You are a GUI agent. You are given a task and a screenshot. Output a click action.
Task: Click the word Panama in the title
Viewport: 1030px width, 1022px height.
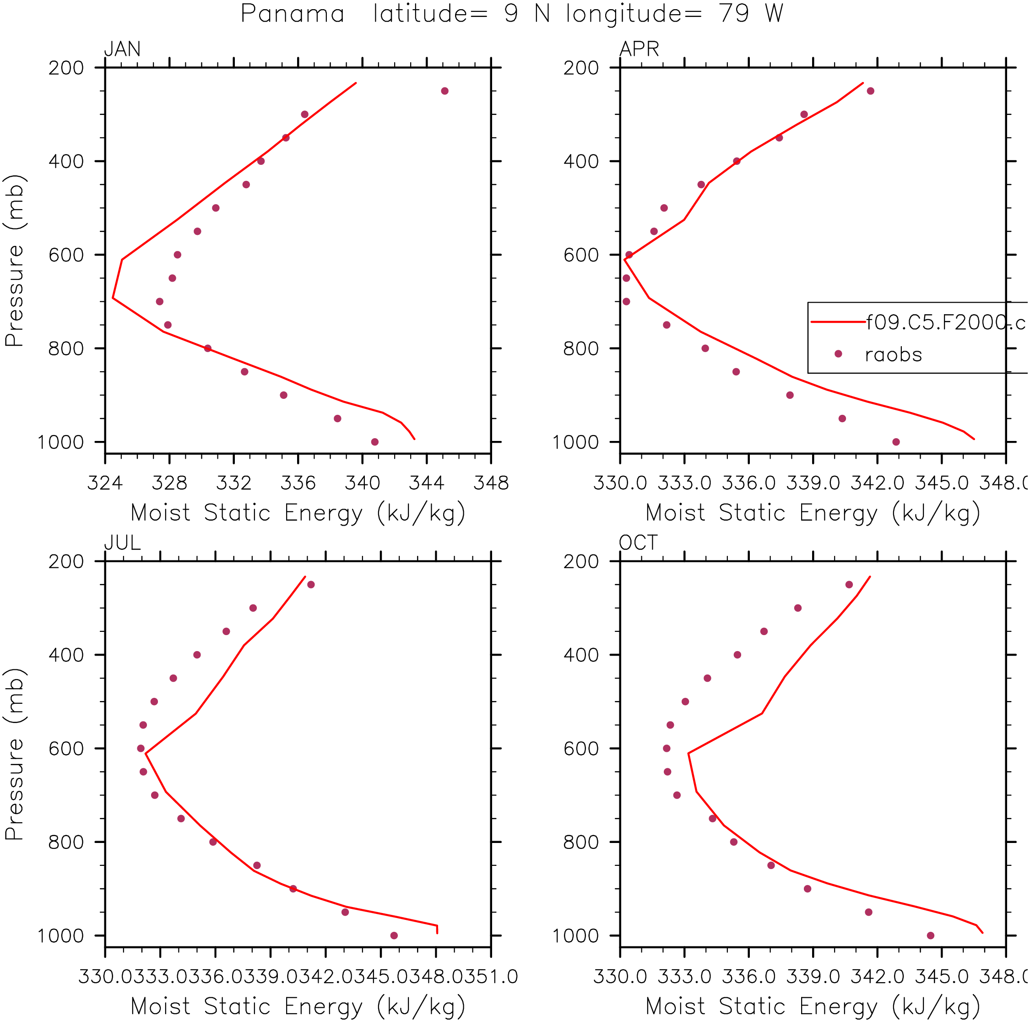[x=292, y=14]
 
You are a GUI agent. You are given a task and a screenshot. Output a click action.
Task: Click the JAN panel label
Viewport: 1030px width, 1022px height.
[x=122, y=49]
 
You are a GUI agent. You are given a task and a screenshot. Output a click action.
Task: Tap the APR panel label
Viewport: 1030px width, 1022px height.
[x=639, y=49]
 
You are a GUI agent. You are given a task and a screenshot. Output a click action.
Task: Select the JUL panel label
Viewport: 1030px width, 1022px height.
[x=122, y=543]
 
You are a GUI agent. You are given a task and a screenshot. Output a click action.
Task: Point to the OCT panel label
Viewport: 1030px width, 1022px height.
[x=638, y=543]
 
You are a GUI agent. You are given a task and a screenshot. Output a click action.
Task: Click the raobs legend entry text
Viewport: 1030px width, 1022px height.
[x=893, y=354]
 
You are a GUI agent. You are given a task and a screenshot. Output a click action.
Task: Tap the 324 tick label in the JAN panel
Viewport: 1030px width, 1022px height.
[x=105, y=483]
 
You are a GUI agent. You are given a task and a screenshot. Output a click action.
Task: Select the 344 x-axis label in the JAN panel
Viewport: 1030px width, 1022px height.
[x=427, y=483]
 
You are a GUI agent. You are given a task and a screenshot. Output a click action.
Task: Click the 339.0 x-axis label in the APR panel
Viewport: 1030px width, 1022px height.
[x=813, y=483]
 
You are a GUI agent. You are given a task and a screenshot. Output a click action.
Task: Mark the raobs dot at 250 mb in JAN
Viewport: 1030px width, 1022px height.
[x=445, y=91]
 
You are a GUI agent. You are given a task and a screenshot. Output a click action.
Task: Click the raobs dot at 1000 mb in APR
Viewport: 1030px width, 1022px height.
[x=896, y=442]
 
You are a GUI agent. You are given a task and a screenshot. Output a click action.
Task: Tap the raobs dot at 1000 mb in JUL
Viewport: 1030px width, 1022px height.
[x=394, y=935]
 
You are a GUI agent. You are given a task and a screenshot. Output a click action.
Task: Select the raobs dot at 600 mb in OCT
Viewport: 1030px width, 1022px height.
[x=667, y=749]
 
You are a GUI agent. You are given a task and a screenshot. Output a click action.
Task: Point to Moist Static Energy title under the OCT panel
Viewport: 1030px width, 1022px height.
[x=813, y=1006]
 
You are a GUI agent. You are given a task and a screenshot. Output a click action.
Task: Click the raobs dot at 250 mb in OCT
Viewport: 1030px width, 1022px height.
[x=849, y=585]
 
